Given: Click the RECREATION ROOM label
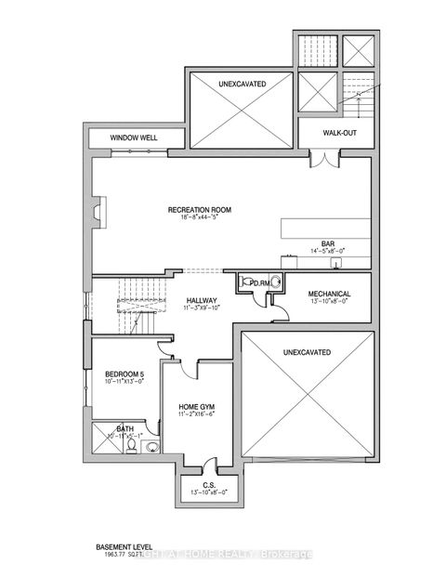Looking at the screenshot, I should click(200, 210).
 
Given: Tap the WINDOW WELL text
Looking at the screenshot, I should click(134, 138).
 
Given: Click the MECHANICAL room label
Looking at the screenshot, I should click(329, 293).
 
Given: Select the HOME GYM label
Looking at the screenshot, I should click(197, 407).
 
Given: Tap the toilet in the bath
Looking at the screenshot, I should click(133, 447).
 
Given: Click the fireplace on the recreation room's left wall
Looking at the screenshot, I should click(99, 209).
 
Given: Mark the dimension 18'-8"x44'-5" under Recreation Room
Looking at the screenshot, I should click(200, 220).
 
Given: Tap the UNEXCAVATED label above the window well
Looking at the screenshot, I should click(243, 84).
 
